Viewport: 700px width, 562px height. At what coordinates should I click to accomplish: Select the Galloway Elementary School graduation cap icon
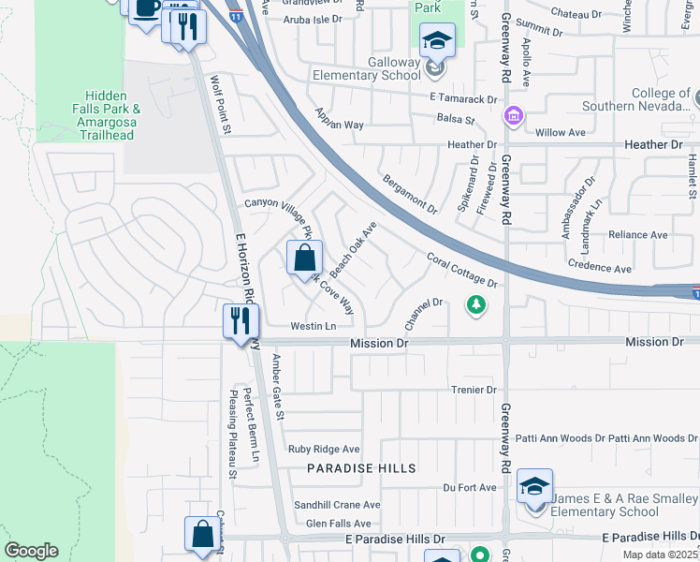tap(437, 40)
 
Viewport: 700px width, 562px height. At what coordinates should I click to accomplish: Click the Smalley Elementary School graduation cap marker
tap(534, 486)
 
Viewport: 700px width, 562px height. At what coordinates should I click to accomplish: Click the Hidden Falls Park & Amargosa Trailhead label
tap(112, 115)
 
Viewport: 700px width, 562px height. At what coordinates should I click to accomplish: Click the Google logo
tap(31, 551)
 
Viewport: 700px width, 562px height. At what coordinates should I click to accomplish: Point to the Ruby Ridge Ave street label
tap(324, 450)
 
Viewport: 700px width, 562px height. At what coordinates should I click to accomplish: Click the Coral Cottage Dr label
tap(461, 270)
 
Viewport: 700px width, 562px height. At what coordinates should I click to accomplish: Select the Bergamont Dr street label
tap(410, 193)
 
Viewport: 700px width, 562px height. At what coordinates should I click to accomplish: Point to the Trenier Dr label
tap(473, 390)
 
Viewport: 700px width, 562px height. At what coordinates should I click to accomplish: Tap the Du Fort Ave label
tap(470, 487)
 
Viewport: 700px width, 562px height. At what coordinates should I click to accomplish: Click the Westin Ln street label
tap(313, 326)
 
